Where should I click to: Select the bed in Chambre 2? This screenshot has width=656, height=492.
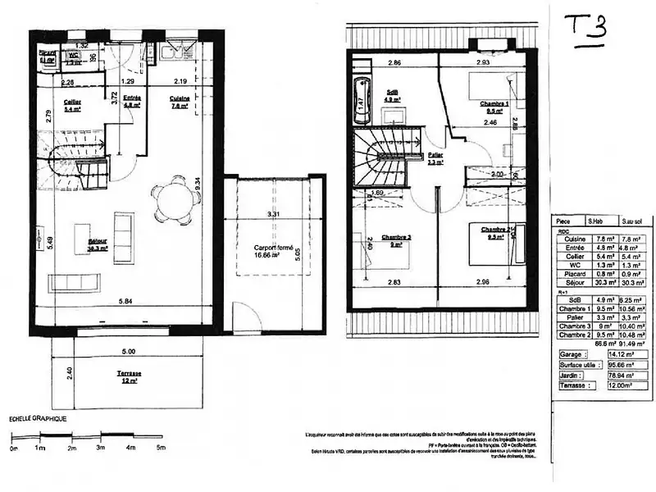(494, 244)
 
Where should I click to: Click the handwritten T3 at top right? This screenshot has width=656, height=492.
(590, 27)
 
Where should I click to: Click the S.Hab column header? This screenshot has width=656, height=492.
(595, 221)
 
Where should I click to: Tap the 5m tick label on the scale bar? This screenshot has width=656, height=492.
(162, 449)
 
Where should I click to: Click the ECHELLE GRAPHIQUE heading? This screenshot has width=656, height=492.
(38, 418)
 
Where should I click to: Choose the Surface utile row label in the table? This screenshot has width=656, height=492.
(579, 363)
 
